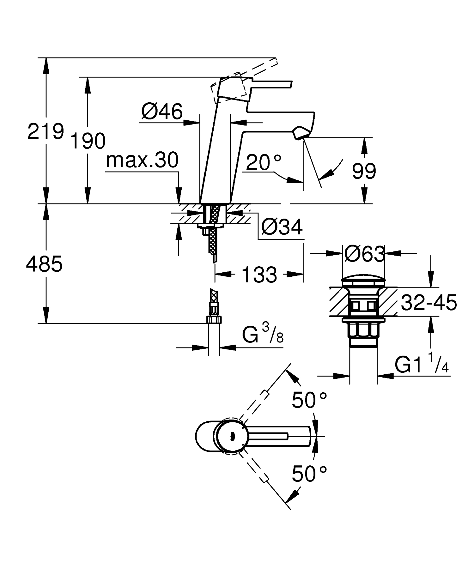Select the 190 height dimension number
click(x=88, y=141)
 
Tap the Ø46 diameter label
click(x=162, y=112)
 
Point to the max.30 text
click(x=142, y=160)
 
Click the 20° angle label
click(x=264, y=163)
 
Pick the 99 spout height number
click(x=364, y=172)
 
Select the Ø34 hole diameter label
click(x=282, y=227)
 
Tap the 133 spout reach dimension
click(x=259, y=275)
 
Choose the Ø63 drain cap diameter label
click(x=364, y=254)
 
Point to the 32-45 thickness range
click(x=429, y=303)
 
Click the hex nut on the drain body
click(x=363, y=331)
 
